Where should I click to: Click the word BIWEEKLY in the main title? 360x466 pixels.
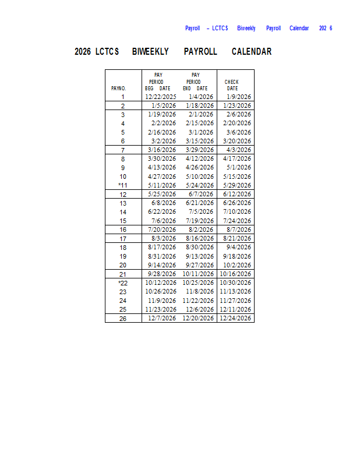point(150,52)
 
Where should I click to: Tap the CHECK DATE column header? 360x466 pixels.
point(232,85)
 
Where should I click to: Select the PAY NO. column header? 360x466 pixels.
point(119,89)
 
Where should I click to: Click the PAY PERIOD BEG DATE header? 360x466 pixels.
point(158,82)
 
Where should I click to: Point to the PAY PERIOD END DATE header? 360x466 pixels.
point(195,82)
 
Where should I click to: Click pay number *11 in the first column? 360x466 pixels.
point(122,185)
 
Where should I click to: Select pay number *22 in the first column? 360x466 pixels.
point(122,283)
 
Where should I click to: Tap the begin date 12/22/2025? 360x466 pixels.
point(161,97)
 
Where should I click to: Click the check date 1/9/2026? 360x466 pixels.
point(239,97)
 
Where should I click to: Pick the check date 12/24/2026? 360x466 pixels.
point(235,319)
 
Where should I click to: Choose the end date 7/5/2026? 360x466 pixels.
point(201,212)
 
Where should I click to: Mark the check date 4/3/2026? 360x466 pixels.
point(239,150)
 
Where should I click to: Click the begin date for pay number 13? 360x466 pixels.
point(164,203)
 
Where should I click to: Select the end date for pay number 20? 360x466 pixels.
point(200,265)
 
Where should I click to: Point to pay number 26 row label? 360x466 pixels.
point(123,319)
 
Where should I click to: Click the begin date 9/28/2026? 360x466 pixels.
point(161,274)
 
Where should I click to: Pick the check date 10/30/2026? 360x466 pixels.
point(235,283)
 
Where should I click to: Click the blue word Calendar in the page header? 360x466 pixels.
point(299,28)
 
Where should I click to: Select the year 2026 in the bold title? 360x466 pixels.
point(82,52)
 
